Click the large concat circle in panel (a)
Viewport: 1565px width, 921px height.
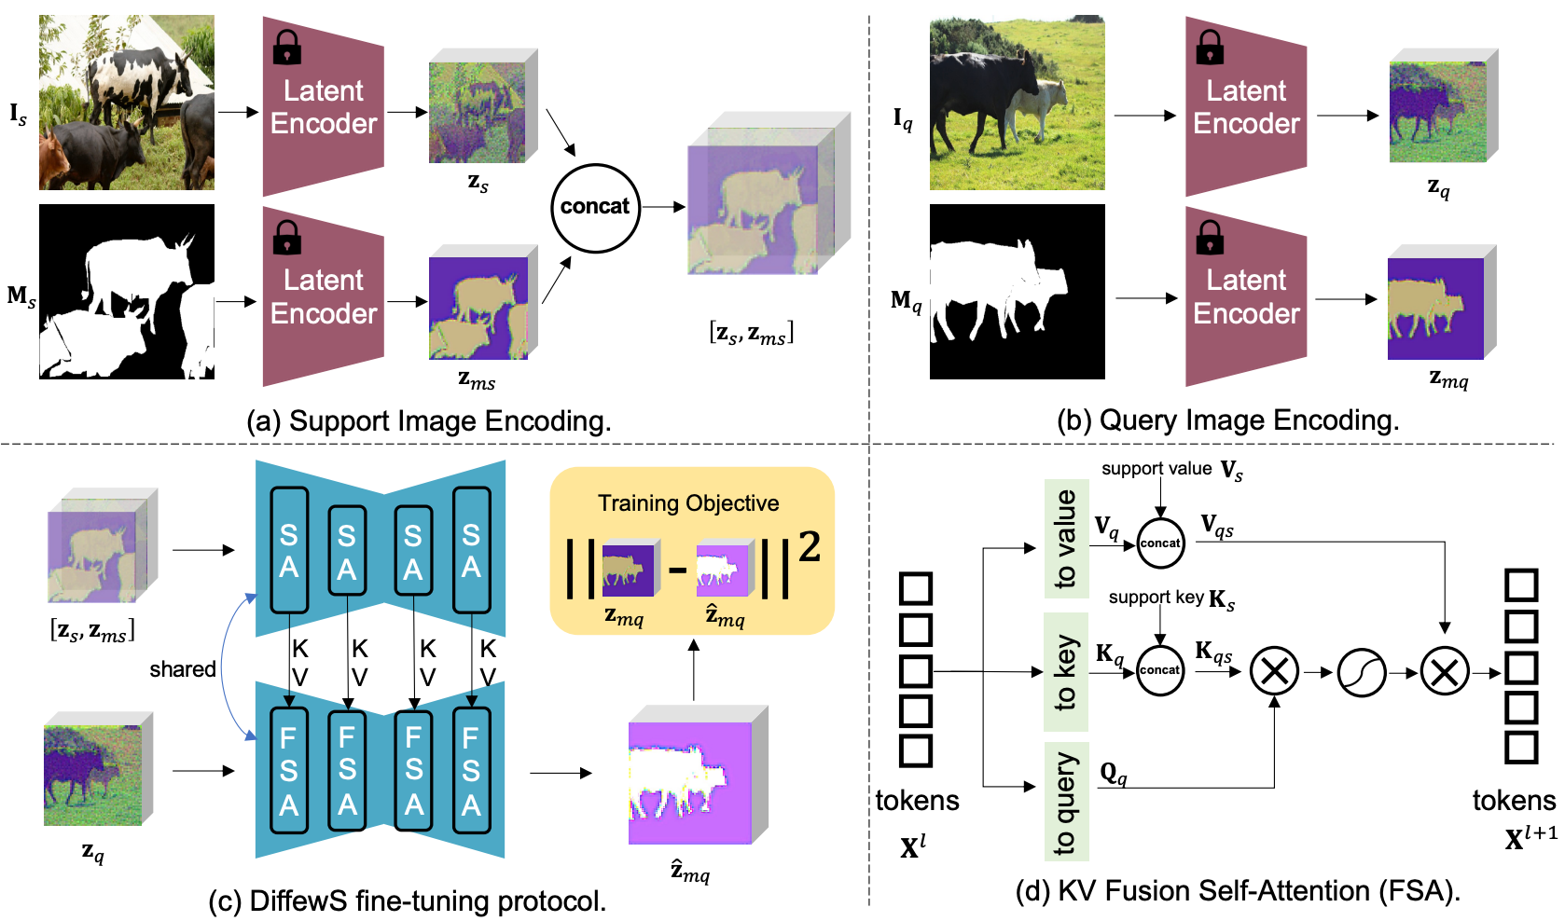pos(595,207)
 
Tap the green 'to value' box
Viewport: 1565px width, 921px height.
pos(1066,539)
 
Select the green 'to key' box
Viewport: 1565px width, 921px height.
pos(1066,671)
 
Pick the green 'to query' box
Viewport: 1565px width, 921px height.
pos(1066,802)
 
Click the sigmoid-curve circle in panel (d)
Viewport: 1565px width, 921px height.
pos(1361,672)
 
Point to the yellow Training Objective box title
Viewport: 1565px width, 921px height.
pos(688,503)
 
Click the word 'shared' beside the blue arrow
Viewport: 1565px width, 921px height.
pos(182,669)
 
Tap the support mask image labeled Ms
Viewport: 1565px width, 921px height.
pos(127,292)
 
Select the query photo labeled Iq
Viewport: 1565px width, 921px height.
pos(1017,103)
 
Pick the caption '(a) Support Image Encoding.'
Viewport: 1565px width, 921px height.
pos(429,421)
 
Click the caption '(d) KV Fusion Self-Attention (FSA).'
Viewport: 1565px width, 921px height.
pos(1237,891)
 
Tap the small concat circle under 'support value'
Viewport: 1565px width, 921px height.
pos(1160,543)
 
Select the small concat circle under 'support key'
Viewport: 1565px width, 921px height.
pos(1160,670)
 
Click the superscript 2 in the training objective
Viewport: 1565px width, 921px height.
pos(809,547)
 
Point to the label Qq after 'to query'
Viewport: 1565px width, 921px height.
pos(1114,774)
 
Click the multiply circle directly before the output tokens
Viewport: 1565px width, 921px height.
pos(1444,672)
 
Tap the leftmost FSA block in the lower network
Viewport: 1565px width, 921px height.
pos(289,770)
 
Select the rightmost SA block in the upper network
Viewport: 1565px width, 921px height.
pos(471,550)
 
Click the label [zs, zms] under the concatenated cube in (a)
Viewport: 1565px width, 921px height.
pos(751,334)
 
